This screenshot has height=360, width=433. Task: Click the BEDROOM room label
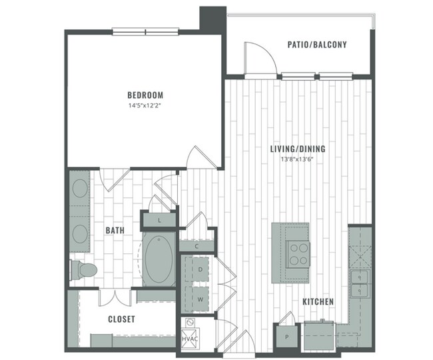click(x=145, y=95)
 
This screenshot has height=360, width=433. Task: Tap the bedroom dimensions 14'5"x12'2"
click(x=145, y=106)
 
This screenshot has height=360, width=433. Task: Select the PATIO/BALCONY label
click(x=316, y=45)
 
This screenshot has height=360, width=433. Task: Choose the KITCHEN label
click(x=318, y=302)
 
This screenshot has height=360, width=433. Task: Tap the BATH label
click(x=115, y=231)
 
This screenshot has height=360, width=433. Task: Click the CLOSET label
click(x=121, y=319)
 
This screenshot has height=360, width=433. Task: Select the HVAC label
click(x=189, y=340)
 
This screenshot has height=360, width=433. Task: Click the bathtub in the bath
click(x=159, y=259)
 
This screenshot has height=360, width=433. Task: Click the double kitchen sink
click(x=360, y=283)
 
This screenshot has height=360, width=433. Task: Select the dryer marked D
click(x=200, y=269)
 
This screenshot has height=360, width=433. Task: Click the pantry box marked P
click(x=286, y=337)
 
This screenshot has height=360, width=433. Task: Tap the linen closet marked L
click(x=160, y=219)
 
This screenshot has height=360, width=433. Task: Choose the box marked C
click(x=197, y=247)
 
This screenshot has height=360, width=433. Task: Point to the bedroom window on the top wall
click(x=145, y=30)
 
